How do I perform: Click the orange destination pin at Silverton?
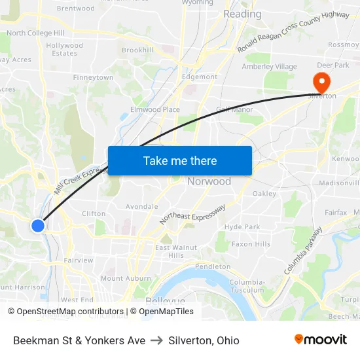point(322,82)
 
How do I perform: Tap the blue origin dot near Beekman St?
point(38,225)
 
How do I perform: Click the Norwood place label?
point(209,181)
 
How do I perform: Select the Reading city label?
point(242,14)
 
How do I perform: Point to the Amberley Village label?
point(269,66)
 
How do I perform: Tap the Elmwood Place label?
point(155,109)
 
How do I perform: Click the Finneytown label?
point(94,77)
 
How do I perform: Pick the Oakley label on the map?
point(264,193)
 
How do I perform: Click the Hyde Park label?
point(242,226)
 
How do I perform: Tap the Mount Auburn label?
point(121,278)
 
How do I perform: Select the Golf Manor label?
point(234,109)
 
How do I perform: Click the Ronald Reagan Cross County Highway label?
point(293,32)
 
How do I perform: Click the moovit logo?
point(321,340)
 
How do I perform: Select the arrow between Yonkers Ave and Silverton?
point(156,340)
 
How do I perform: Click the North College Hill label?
point(35,33)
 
